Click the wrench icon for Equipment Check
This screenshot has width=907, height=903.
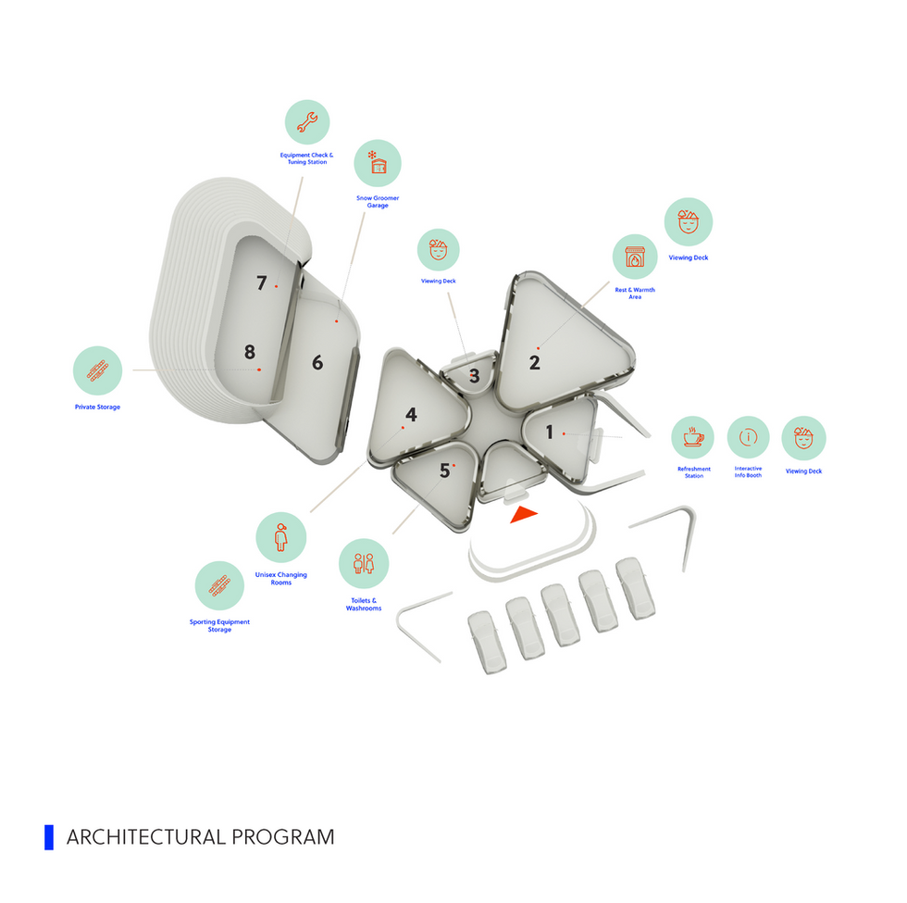(x=307, y=122)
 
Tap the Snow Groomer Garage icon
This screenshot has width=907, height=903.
(x=378, y=163)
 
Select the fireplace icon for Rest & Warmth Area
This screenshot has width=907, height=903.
(x=635, y=257)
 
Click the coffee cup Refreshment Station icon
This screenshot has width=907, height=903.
(x=693, y=437)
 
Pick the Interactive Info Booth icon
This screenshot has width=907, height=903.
(x=749, y=437)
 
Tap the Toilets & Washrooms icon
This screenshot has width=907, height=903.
(x=364, y=564)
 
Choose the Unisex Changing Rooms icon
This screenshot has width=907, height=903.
(x=281, y=537)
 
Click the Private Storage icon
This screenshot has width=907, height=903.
(x=98, y=371)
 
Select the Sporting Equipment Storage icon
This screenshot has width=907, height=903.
(x=220, y=585)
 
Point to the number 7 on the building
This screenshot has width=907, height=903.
(x=261, y=283)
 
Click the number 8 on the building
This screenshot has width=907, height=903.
(x=249, y=352)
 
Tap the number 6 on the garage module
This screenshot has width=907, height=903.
(x=317, y=363)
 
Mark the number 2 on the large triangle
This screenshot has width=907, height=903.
(x=535, y=363)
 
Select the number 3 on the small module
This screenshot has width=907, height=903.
(x=474, y=376)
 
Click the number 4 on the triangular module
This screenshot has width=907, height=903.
(x=411, y=415)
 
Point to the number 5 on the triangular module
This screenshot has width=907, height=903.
(x=444, y=470)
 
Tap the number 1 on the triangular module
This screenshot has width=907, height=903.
(x=550, y=432)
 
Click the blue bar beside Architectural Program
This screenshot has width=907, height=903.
(x=49, y=837)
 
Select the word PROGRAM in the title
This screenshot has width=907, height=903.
(x=283, y=837)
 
